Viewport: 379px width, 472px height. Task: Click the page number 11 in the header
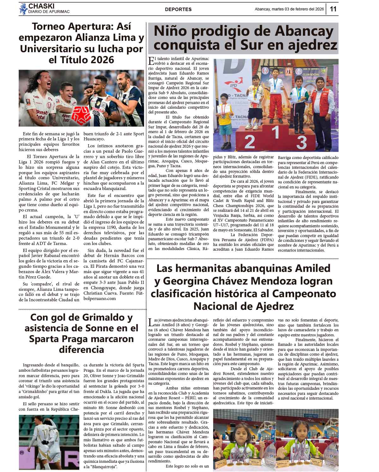pos(333,9)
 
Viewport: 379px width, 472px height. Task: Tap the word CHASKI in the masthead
pos(41,6)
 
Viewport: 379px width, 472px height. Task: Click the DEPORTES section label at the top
pos(178,9)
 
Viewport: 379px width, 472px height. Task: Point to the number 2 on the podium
pos(249,142)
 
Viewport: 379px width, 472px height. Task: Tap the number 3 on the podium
pos(301,142)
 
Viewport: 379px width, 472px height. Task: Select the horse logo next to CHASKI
pos(23,9)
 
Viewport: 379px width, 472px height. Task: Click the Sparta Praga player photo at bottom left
pos(49,441)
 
